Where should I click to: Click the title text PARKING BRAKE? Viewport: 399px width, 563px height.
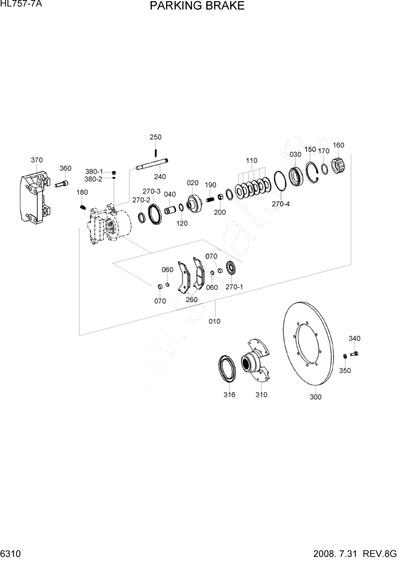197,6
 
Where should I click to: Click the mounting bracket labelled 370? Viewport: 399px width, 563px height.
34,196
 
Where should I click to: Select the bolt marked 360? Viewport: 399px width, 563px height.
63,183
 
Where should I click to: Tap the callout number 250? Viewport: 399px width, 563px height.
155,137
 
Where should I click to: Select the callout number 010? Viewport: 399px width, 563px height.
214,321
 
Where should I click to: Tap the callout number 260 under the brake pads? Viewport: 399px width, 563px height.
192,300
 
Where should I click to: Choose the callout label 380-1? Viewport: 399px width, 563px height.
94,171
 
